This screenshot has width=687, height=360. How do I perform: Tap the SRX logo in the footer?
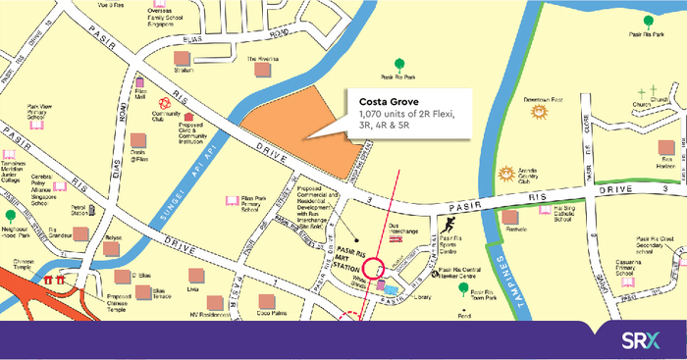[644, 340]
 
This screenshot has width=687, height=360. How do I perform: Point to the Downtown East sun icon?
[537, 112]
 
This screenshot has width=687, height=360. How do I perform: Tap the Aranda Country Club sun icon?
[505, 174]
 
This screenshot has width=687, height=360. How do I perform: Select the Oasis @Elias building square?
[137, 140]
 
